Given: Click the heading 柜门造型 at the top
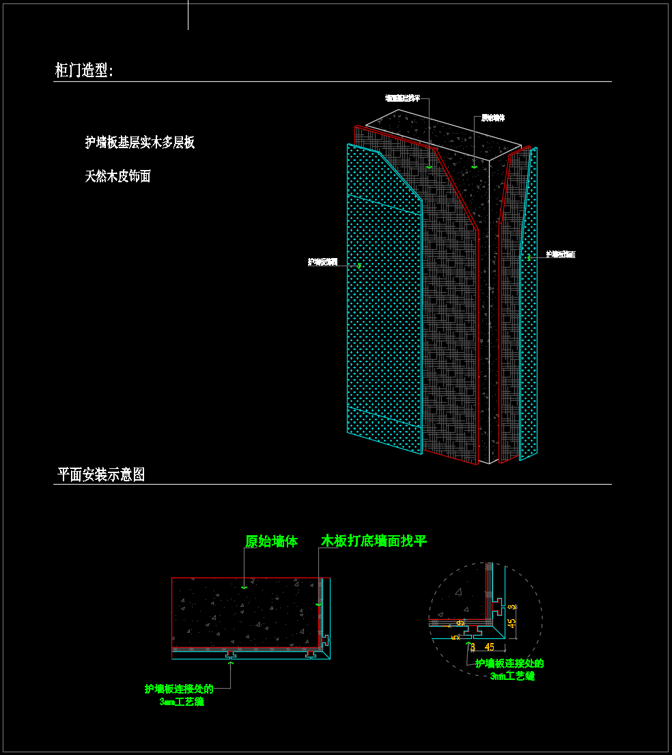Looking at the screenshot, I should click(84, 70).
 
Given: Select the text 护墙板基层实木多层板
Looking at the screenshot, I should click(140, 143).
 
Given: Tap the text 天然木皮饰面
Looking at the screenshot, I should click(117, 177).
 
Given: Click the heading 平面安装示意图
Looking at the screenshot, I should click(101, 475).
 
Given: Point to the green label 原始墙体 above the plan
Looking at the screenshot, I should click(271, 542).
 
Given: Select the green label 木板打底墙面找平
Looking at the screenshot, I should click(374, 541).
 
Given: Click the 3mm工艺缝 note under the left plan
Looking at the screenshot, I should click(181, 702).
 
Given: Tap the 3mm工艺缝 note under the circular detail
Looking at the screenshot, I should click(512, 676).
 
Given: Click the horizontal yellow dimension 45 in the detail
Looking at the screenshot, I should click(489, 646).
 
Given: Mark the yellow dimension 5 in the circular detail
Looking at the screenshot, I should click(455, 638).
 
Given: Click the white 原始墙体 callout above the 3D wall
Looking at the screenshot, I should click(492, 118).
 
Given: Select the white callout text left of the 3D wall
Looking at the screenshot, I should click(322, 261).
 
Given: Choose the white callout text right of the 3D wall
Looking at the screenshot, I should click(561, 255).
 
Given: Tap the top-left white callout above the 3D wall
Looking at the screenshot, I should click(402, 98).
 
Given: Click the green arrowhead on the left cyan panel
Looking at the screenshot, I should click(359, 266).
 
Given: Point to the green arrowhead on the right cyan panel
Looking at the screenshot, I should click(529, 258).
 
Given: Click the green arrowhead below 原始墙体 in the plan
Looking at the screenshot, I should click(244, 586).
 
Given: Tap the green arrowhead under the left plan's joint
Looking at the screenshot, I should click(230, 662).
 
